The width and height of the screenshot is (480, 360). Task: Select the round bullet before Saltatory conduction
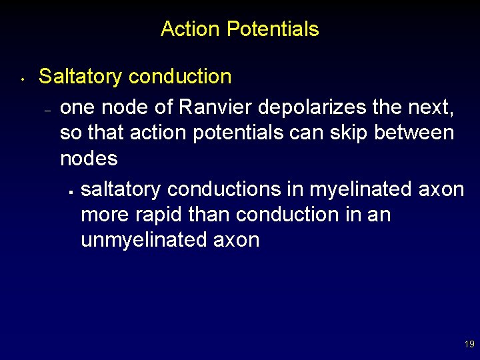(23, 79)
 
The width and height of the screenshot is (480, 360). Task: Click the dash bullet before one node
(47, 111)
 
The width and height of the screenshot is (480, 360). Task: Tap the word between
(414, 133)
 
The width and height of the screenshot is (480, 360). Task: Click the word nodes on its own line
(89, 159)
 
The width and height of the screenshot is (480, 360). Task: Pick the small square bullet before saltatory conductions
(69, 193)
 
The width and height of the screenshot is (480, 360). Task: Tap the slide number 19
(469, 345)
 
